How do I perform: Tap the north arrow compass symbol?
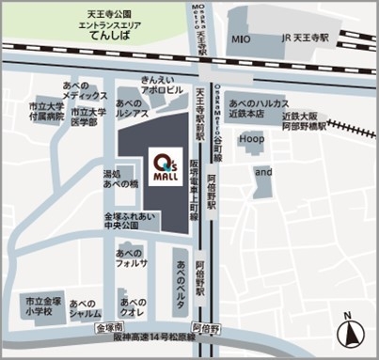click(x=351, y=330)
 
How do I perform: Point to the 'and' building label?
click(x=264, y=173)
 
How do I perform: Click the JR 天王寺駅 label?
click(x=305, y=39)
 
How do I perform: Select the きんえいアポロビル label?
click(x=160, y=86)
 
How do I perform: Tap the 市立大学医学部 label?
click(x=90, y=118)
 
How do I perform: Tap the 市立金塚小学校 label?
click(x=45, y=305)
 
